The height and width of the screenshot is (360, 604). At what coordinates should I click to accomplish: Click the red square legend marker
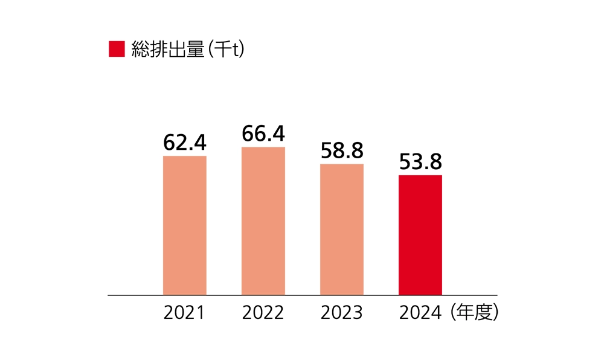(117, 50)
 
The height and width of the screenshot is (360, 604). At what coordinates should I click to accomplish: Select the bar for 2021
(185, 225)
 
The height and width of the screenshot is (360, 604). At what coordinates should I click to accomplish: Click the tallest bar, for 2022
(263, 221)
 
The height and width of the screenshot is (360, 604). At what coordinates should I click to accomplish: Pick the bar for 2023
(342, 230)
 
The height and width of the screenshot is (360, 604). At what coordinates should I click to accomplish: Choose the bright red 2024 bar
(420, 235)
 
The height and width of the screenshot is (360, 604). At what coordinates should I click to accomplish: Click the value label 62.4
(185, 143)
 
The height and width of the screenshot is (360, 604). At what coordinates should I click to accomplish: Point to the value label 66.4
(263, 133)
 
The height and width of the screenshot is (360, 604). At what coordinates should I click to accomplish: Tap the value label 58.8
(342, 151)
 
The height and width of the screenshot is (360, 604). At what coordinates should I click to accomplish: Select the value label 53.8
(420, 162)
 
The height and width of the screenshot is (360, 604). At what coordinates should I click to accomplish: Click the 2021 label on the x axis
(185, 313)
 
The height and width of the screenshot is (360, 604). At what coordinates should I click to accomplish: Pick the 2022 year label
(263, 313)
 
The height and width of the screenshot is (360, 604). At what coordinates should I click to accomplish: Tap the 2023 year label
(342, 313)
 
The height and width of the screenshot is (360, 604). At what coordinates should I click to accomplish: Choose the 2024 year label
(420, 313)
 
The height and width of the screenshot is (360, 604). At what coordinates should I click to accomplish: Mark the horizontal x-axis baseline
(302, 295)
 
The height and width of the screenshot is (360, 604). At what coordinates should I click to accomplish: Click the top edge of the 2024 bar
(420, 176)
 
